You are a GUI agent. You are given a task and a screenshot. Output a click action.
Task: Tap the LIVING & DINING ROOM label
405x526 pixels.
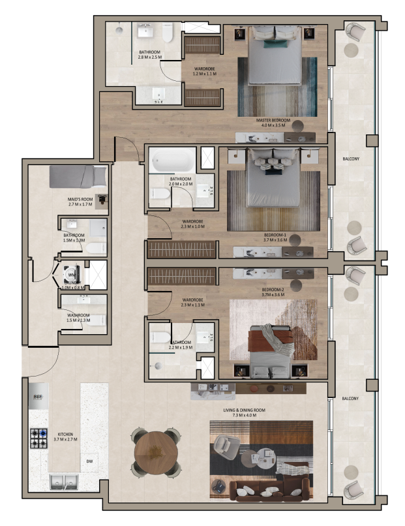[x=244, y=410]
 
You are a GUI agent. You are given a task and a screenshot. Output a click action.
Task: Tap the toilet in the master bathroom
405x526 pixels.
[x=168, y=33]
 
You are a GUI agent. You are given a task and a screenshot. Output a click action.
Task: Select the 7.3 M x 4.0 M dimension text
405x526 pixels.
[x=244, y=416]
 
